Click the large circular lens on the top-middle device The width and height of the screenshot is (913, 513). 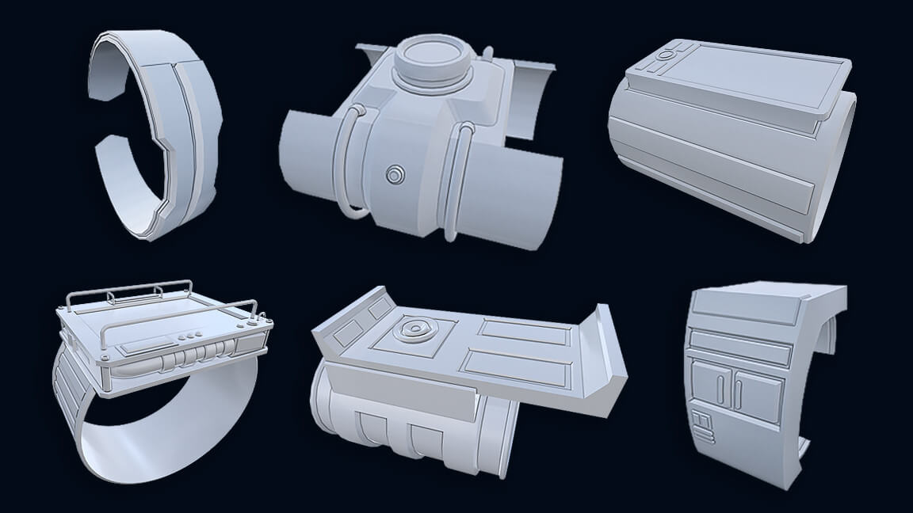click(x=430, y=59)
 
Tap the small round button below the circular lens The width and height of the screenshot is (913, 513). click(x=394, y=174)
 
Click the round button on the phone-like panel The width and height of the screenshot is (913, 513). click(x=667, y=55)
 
